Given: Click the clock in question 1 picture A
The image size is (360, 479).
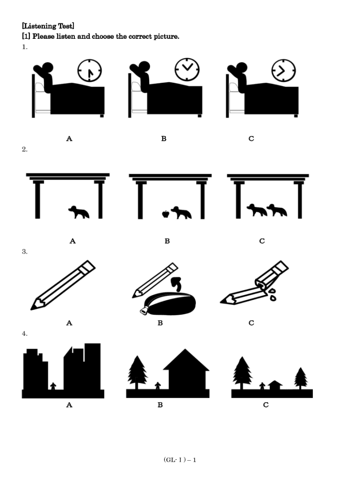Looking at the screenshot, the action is (x=89, y=71).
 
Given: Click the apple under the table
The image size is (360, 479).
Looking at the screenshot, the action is (x=166, y=214).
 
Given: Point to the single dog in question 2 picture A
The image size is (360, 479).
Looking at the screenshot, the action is (x=79, y=212).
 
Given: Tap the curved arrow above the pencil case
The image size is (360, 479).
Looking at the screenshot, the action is (x=177, y=284).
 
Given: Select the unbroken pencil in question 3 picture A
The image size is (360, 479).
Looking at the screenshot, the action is (x=63, y=285).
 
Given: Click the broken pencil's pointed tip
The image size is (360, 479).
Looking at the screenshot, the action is (x=221, y=302).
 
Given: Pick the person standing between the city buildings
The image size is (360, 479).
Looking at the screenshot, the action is (x=53, y=386).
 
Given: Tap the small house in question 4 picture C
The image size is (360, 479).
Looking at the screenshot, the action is (x=275, y=385).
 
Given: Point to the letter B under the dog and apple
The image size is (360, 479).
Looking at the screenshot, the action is (x=167, y=241).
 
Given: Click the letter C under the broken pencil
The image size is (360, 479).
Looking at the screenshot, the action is (x=251, y=323).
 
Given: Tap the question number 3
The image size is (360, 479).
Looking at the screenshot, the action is (x=24, y=252).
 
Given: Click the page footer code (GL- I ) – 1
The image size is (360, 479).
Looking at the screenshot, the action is (x=180, y=460).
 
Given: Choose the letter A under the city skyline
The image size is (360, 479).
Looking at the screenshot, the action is (x=69, y=405).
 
